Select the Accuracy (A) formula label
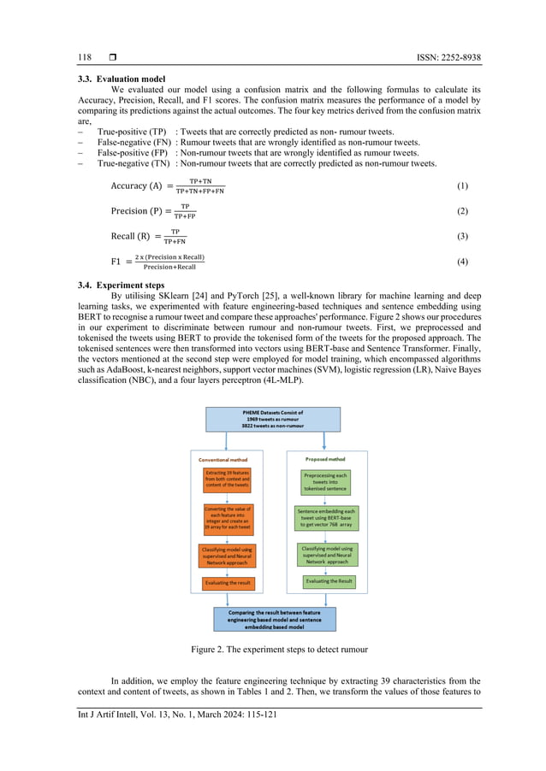pyautogui.click(x=137, y=186)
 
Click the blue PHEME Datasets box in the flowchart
pyautogui.click(x=273, y=419)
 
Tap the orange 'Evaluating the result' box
pyautogui.click(x=228, y=583)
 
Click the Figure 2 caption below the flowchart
pyautogui.click(x=273, y=650)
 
